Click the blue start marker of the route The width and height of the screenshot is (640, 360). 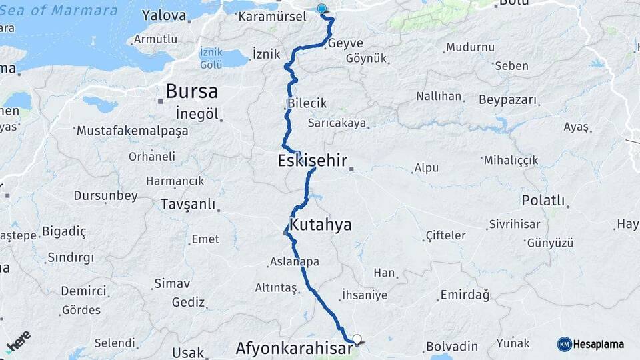pyautogui.click(x=323, y=9)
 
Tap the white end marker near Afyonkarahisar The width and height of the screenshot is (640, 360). pyautogui.click(x=357, y=339)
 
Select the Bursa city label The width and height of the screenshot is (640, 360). pyautogui.click(x=192, y=91)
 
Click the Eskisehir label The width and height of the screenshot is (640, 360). pyautogui.click(x=312, y=161)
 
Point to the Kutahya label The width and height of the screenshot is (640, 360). pyautogui.click(x=321, y=225)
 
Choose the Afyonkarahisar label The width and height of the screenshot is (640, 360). pyautogui.click(x=294, y=349)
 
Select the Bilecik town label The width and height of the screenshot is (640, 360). pyautogui.click(x=307, y=104)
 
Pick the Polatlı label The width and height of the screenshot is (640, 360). pyautogui.click(x=543, y=201)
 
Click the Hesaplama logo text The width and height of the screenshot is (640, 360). pyautogui.click(x=598, y=345)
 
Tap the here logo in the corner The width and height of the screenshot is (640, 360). pyautogui.click(x=19, y=342)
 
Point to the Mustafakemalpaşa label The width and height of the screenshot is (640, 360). pyautogui.click(x=133, y=131)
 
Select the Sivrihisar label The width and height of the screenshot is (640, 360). pyautogui.click(x=515, y=224)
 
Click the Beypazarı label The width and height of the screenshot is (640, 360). pyautogui.click(x=507, y=100)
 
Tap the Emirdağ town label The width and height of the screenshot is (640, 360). pyautogui.click(x=465, y=295)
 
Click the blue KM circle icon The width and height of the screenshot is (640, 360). pyautogui.click(x=564, y=345)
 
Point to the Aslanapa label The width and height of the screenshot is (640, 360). pyautogui.click(x=295, y=262)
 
